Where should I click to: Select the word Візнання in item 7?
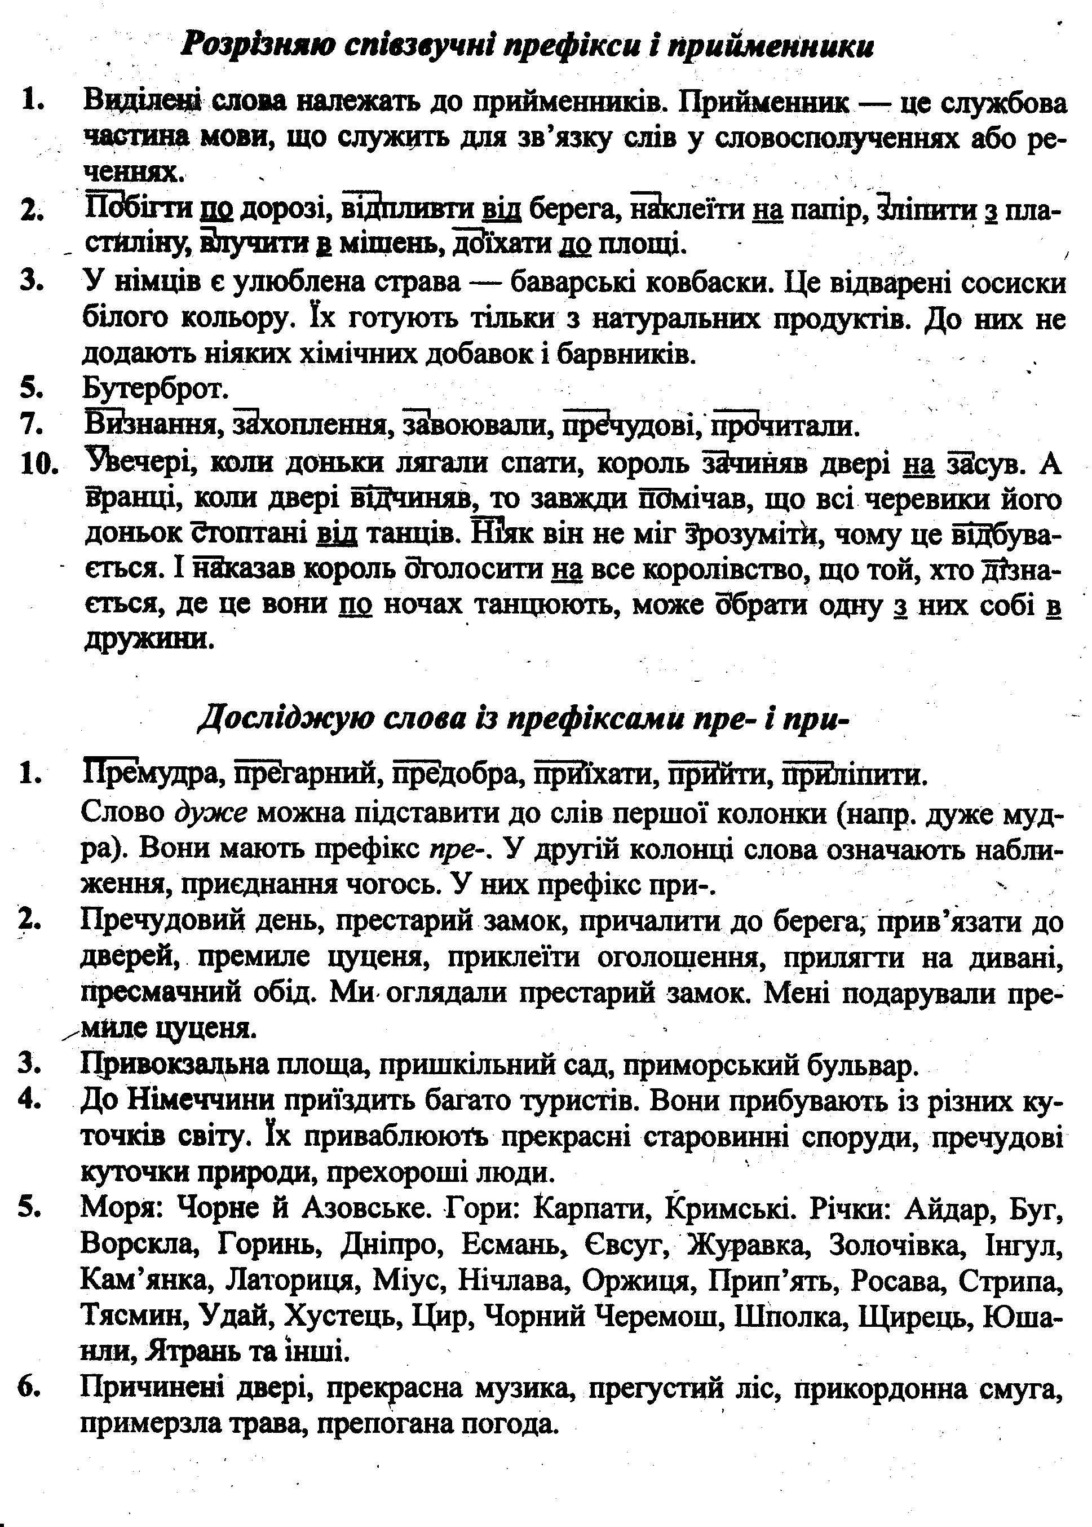pyautogui.click(x=151, y=425)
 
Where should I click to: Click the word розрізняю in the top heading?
pyautogui.click(x=255, y=46)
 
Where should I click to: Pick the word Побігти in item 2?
pyautogui.click(x=139, y=210)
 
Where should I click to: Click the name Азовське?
pyautogui.click(x=366, y=1208)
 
